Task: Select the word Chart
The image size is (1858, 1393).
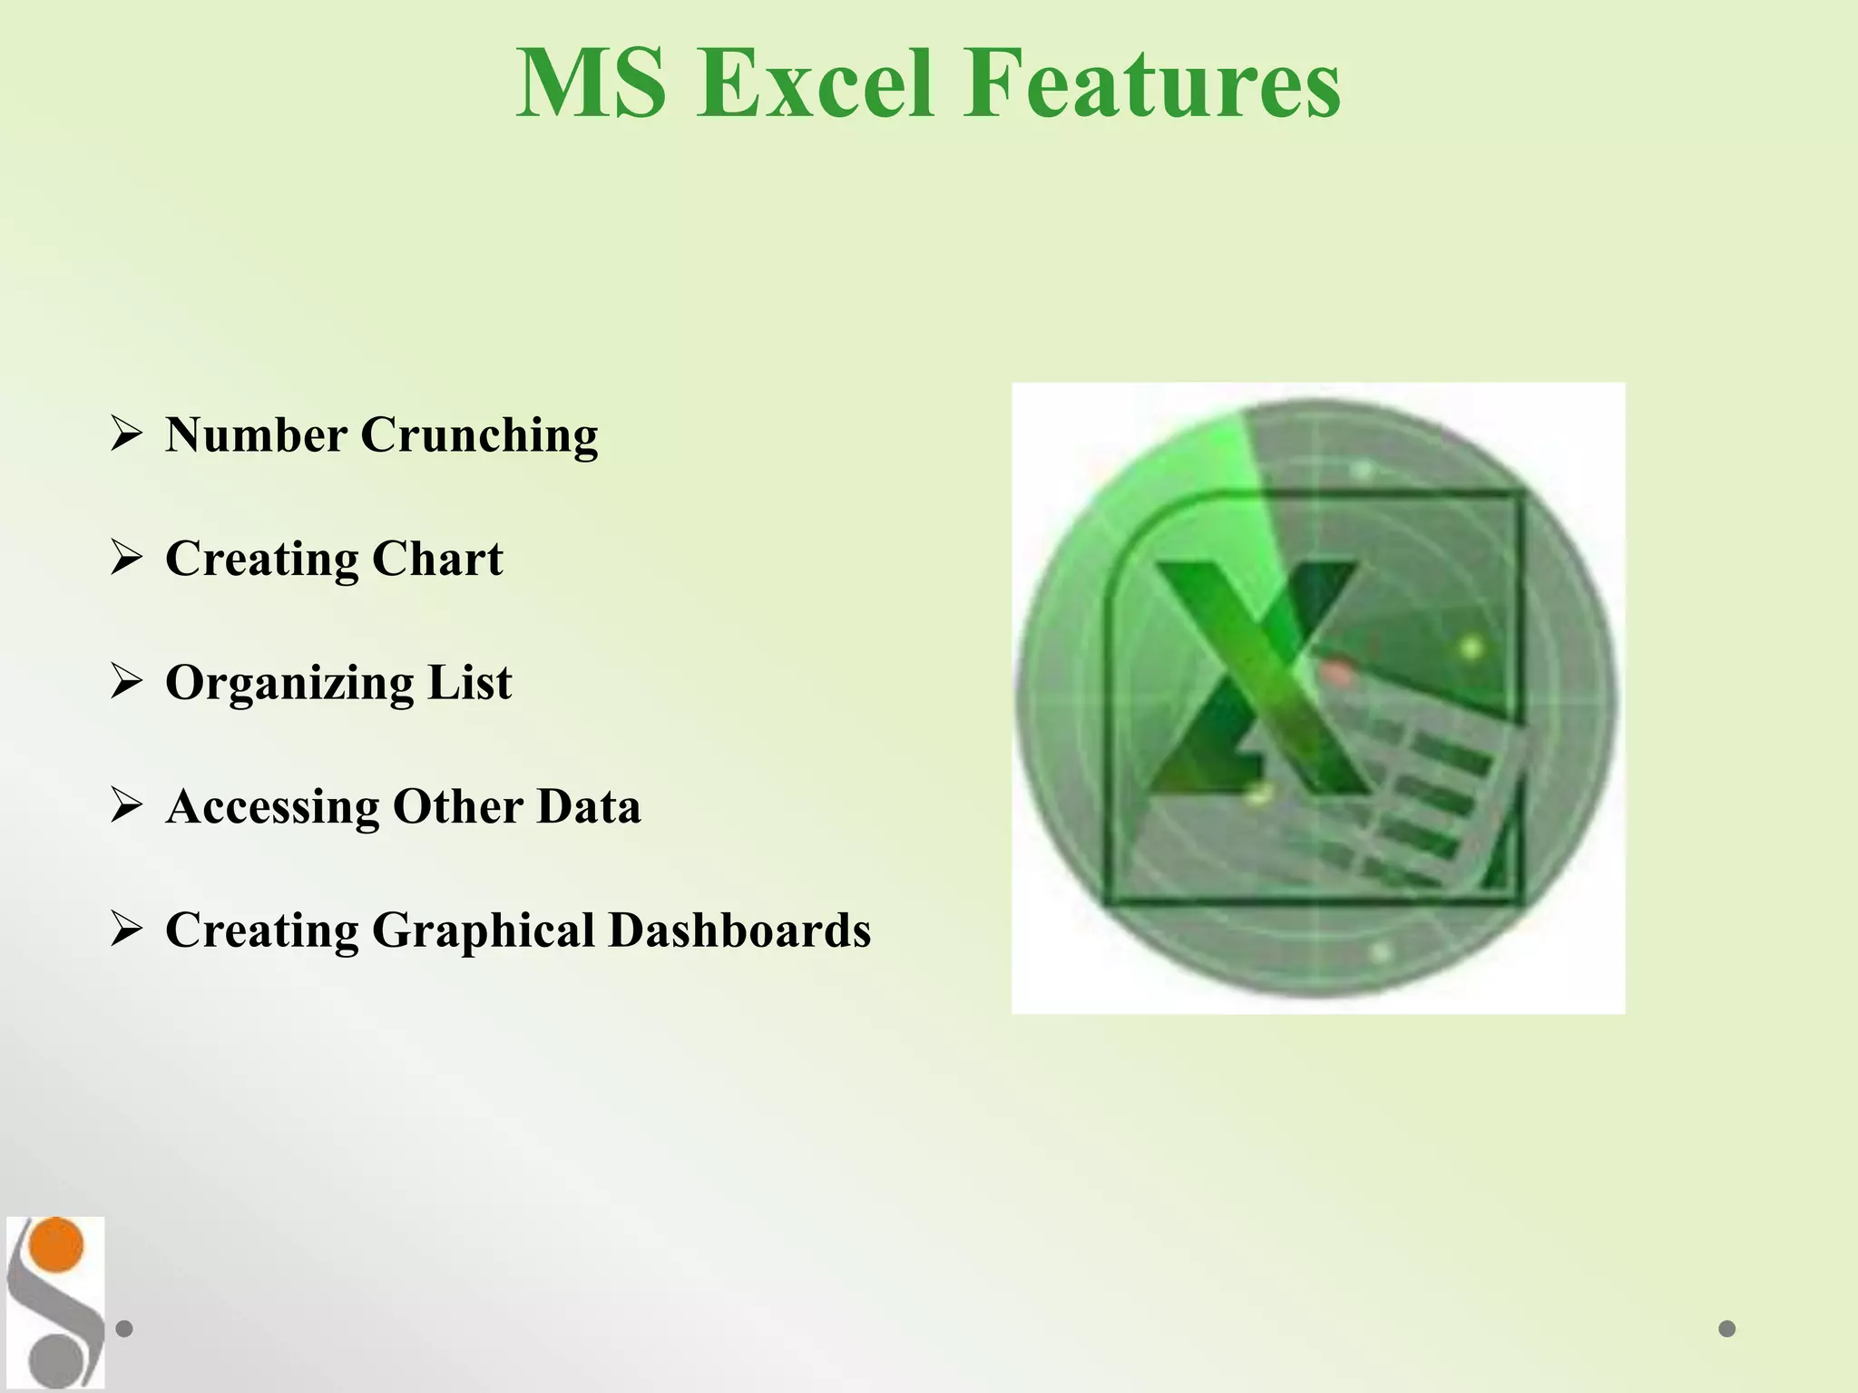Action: [436, 559]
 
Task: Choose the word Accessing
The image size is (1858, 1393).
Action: [272, 807]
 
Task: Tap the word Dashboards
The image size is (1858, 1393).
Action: [738, 930]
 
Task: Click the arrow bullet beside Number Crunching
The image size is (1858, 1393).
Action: [126, 433]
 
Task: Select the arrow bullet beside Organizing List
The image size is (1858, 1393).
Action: [126, 680]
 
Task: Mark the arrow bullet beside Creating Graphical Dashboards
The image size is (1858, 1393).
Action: [126, 929]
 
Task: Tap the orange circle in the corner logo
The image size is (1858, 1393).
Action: [55, 1245]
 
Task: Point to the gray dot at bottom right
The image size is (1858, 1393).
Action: [1726, 1329]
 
